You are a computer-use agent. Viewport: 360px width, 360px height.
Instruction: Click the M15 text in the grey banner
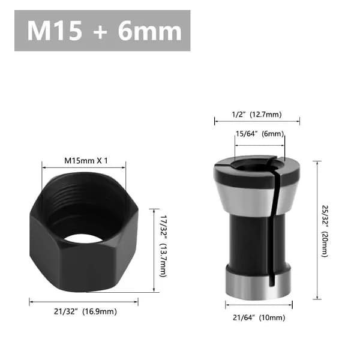[x=55, y=31]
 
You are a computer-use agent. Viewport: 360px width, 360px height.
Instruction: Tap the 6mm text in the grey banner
[x=150, y=31]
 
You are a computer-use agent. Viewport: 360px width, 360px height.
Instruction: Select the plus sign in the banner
[x=100, y=32]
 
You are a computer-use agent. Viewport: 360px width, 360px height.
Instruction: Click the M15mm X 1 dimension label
[x=86, y=160]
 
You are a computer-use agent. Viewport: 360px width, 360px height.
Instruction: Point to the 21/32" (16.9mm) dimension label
[x=85, y=311]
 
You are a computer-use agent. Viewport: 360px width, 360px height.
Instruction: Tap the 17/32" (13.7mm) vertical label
[x=163, y=246]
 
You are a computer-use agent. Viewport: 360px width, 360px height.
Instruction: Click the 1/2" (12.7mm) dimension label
[x=257, y=115]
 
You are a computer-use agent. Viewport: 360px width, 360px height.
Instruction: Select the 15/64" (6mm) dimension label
[x=260, y=134]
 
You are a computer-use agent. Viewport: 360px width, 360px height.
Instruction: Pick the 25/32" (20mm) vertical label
[x=325, y=231]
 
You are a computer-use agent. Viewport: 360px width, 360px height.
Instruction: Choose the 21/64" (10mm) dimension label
[x=259, y=318]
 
